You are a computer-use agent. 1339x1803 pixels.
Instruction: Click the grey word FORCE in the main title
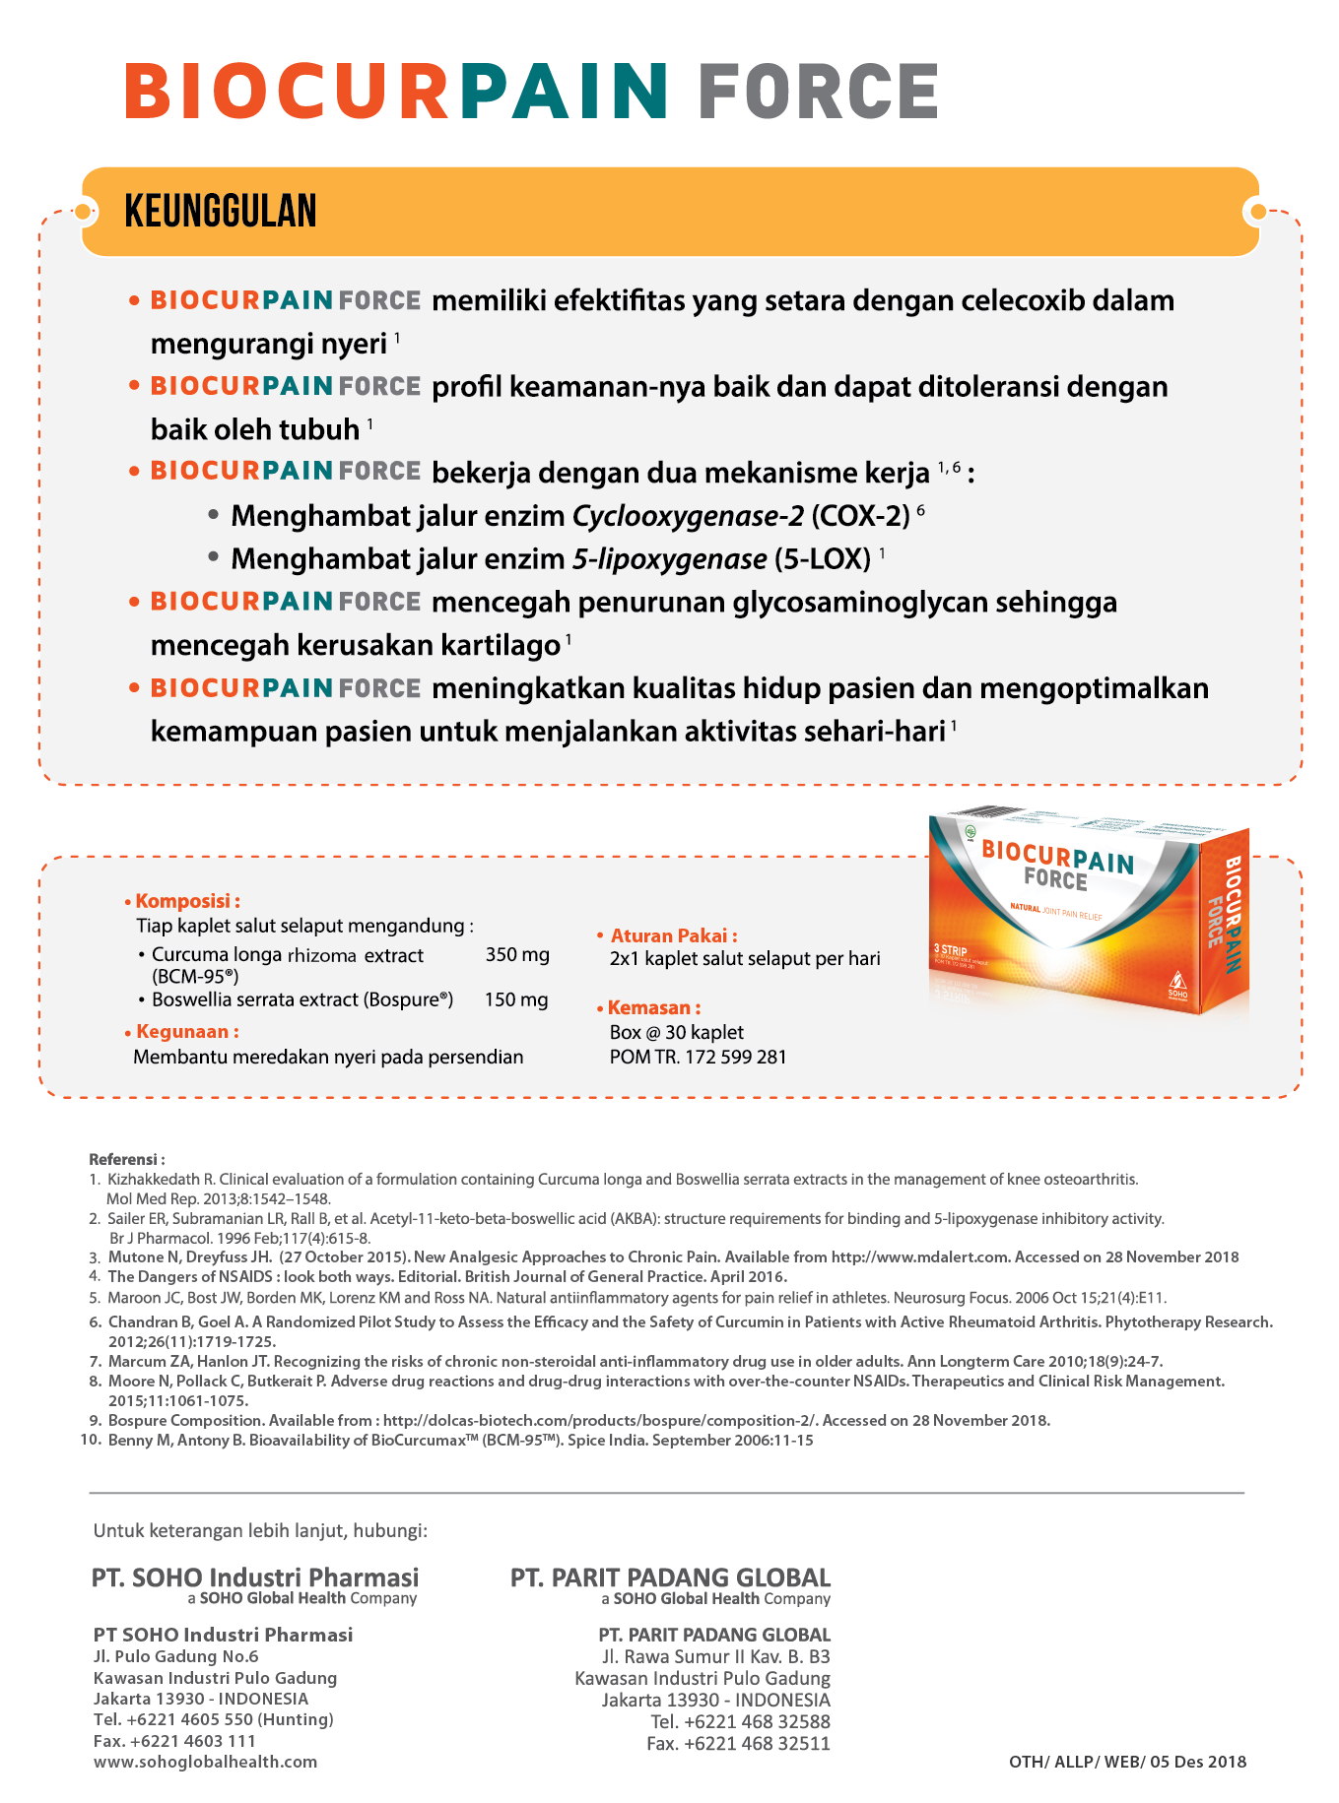(x=818, y=92)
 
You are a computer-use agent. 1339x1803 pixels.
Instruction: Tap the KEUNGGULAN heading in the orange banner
(x=221, y=212)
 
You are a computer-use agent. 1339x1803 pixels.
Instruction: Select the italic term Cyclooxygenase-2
(x=688, y=516)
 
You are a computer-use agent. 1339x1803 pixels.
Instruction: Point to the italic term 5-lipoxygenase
(x=669, y=559)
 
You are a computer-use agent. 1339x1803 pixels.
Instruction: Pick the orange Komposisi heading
(x=187, y=901)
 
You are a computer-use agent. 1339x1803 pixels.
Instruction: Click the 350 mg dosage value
(x=517, y=954)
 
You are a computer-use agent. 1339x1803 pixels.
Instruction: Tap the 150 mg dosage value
(x=516, y=999)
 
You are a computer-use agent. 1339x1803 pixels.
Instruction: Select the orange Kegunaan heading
(x=187, y=1032)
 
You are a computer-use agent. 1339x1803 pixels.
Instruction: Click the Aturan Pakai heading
(x=673, y=935)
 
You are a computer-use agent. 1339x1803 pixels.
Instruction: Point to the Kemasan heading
(x=653, y=1007)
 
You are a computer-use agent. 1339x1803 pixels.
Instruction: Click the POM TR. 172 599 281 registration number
(x=698, y=1057)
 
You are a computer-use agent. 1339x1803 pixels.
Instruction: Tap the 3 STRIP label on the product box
(x=950, y=950)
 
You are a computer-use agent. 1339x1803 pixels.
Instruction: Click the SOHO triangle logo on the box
(x=1177, y=982)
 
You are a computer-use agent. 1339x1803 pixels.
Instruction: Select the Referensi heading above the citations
(x=126, y=1159)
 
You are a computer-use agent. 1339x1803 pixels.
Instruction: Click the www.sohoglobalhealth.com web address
(x=205, y=1762)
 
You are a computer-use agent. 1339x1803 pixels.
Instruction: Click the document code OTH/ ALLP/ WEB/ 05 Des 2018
(x=1127, y=1762)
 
